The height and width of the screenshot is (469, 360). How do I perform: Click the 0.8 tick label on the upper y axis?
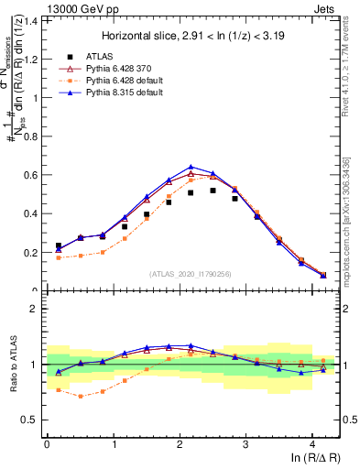(x=30, y=136)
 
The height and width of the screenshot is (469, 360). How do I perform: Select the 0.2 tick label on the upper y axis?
(x=30, y=253)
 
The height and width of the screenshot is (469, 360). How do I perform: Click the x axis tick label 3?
(x=246, y=444)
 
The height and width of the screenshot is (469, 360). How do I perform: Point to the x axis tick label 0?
(x=47, y=444)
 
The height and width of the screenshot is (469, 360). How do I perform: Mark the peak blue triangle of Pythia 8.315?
(x=191, y=168)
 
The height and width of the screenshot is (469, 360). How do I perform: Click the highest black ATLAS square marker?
(x=213, y=191)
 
